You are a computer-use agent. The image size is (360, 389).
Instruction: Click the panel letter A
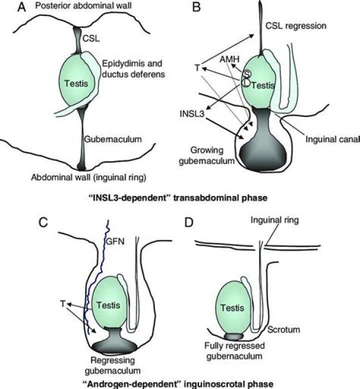tap(21, 7)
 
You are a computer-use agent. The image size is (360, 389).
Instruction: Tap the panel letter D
tap(189, 222)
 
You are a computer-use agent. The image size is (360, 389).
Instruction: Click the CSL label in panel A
tap(91, 38)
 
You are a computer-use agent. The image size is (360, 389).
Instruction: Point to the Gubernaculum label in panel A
tap(113, 139)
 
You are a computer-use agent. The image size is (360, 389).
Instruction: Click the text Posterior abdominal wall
tap(83, 5)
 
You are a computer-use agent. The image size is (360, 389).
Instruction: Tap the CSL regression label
tap(295, 26)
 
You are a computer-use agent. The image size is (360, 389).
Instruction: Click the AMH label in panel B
tap(229, 59)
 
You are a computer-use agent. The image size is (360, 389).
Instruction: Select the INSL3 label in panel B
tap(192, 114)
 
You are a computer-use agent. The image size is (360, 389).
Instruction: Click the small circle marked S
tap(246, 74)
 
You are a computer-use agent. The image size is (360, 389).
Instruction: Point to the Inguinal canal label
tap(332, 139)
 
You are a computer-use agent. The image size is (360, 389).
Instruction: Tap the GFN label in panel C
tap(115, 241)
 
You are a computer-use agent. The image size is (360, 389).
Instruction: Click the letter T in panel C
tap(63, 303)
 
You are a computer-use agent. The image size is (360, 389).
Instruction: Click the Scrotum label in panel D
tap(283, 329)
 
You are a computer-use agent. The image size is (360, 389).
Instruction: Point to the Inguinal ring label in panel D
tap(274, 220)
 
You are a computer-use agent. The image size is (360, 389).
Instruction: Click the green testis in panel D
tap(232, 307)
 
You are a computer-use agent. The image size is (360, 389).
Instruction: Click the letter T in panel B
tap(197, 67)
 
